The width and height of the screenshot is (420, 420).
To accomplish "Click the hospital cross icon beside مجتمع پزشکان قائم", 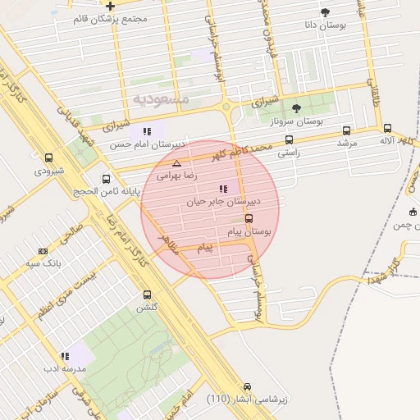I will click(110, 7).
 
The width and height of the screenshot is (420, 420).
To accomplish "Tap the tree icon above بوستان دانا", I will click(326, 12).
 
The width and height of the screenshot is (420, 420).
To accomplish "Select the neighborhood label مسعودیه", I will click(161, 98).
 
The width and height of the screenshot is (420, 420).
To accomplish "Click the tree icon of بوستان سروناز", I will click(296, 108).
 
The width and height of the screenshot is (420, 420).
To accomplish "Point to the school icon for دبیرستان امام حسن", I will click(147, 131).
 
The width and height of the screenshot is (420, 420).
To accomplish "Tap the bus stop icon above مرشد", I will click(347, 130).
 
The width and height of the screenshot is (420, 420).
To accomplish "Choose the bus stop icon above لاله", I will click(387, 128).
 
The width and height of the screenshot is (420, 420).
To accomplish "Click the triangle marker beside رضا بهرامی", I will click(176, 163).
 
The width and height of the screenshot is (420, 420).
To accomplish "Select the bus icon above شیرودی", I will click(48, 158).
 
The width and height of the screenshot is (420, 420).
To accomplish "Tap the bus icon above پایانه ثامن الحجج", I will click(106, 179).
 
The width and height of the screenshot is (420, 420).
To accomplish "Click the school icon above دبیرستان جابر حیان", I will click(223, 189).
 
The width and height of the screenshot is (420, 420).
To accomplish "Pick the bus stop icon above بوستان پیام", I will click(249, 219).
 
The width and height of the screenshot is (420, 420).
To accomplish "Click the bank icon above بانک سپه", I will click(43, 251).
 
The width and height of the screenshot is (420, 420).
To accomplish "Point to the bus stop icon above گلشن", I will click(148, 294).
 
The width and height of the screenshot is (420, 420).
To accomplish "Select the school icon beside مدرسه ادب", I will click(64, 356).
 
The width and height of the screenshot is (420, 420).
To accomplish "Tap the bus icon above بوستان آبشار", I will click(246, 386).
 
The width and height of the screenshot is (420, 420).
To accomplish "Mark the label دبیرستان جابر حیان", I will click(223, 200).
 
